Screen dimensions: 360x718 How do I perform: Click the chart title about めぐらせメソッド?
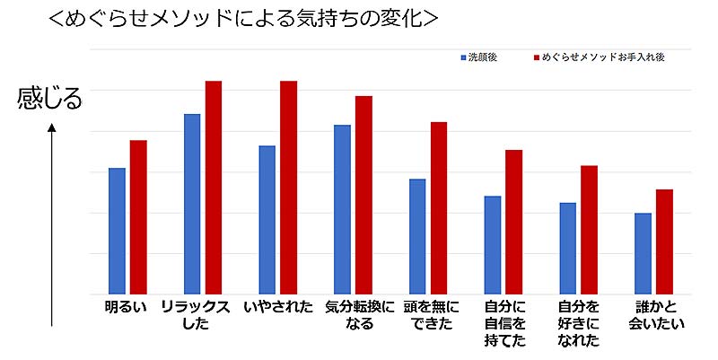[244, 20]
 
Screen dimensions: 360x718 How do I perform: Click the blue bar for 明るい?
[117, 231]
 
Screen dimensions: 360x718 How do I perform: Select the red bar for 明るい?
[138, 217]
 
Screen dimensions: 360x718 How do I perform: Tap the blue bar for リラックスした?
[192, 204]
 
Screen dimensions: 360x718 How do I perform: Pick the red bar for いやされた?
[288, 188]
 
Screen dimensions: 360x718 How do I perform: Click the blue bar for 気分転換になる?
[342, 209]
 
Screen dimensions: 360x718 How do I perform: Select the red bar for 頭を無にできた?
[439, 208]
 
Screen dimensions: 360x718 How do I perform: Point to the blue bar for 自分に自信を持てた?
[493, 245]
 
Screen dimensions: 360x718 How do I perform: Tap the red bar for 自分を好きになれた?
[589, 230]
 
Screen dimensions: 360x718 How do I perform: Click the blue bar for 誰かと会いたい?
[643, 253]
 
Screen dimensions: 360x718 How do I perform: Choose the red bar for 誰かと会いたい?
[664, 241]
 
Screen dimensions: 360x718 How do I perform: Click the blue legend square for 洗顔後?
[463, 57]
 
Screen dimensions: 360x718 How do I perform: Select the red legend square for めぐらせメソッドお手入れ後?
[536, 57]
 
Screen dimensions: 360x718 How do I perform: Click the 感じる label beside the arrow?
[49, 97]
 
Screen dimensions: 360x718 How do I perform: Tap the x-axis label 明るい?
[126, 308]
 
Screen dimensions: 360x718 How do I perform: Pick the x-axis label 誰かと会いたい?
[652, 315]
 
